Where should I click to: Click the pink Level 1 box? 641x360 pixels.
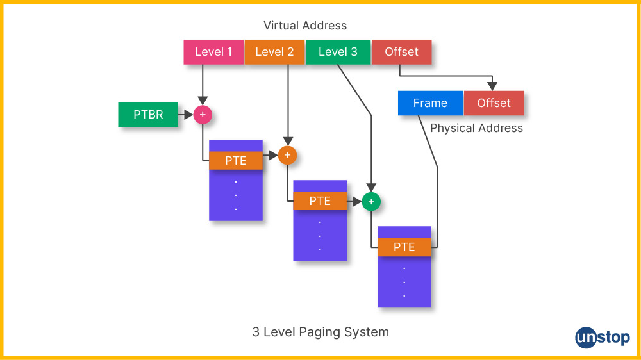point(213,52)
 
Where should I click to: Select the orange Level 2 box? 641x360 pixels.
point(274,52)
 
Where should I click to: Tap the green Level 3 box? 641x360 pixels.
point(338,52)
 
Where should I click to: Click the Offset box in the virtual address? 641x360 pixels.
point(401,52)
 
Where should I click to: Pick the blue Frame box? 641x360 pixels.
point(430,103)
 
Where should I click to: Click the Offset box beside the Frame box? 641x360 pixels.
point(494,103)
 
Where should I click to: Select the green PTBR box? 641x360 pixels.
point(148,115)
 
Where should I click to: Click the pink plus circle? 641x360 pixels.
point(203,115)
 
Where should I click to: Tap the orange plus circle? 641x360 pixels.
point(287,155)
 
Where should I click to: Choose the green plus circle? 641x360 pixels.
point(371,201)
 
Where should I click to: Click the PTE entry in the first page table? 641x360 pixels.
point(236,161)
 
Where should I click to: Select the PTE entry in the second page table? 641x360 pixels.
point(320,201)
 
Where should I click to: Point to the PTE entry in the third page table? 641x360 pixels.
point(404,247)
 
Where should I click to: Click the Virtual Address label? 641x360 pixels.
point(305,26)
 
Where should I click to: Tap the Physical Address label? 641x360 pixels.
point(476,128)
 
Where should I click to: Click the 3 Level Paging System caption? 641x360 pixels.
point(320,332)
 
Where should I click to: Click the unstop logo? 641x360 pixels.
point(602,337)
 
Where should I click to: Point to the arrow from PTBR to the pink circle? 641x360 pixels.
point(186,115)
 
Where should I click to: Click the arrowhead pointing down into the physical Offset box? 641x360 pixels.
point(492,86)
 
